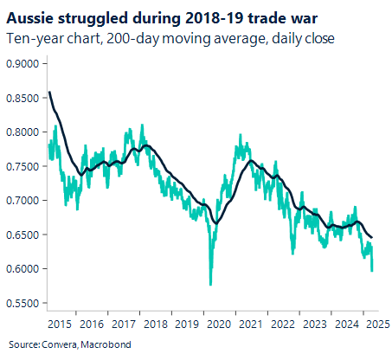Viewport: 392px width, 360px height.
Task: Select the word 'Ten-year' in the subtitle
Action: tap(31, 37)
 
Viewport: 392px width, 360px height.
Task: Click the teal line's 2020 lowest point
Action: tap(210, 284)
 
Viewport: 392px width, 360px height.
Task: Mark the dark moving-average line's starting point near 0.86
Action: tap(49, 92)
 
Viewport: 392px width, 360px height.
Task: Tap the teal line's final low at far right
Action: tap(373, 271)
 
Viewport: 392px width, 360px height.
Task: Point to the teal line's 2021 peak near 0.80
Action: tap(237, 135)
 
